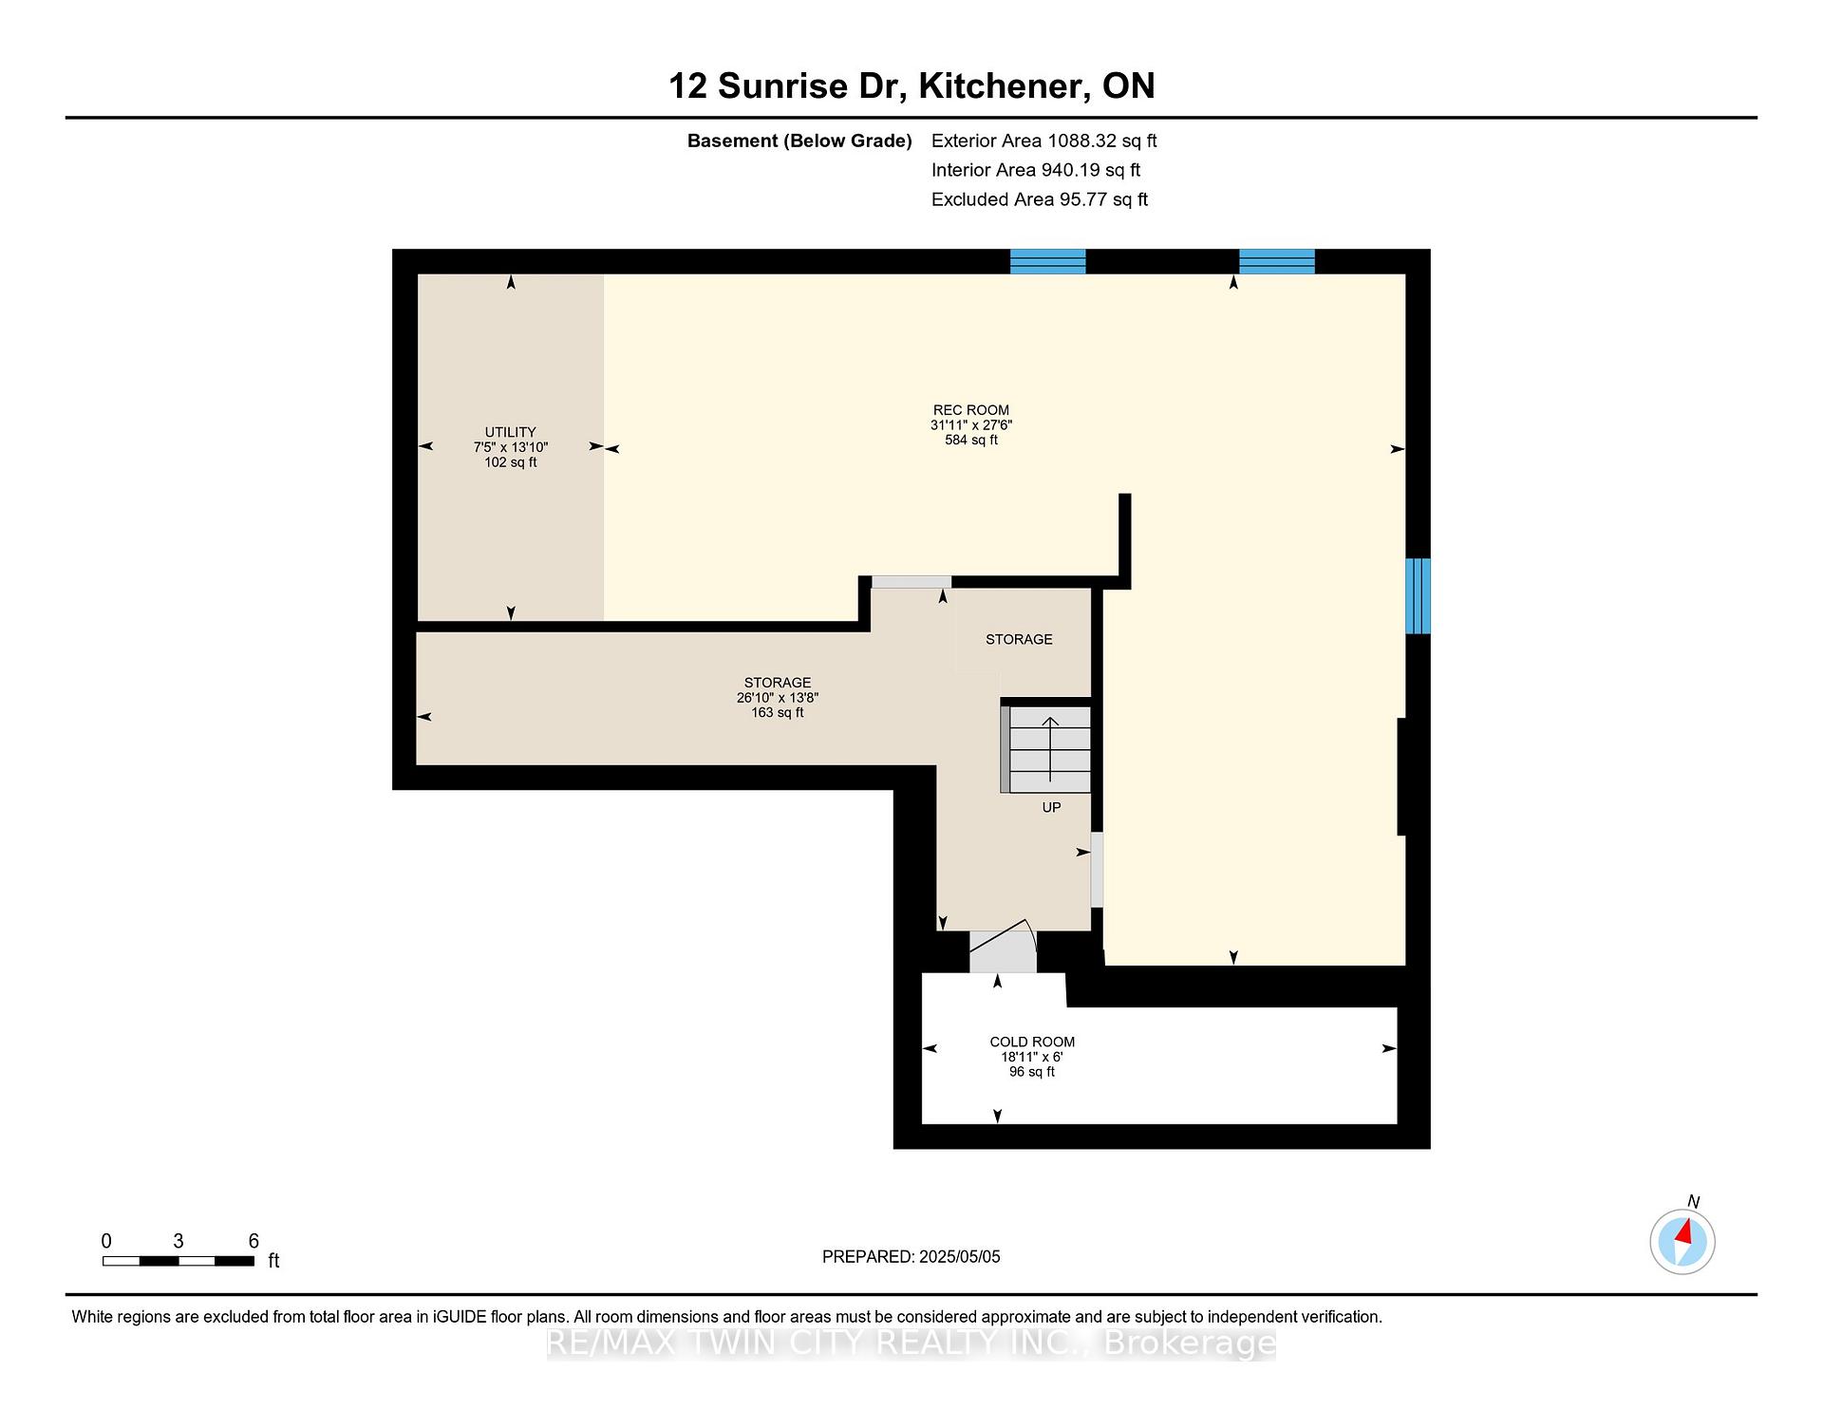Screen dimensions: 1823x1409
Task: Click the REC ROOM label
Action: click(x=971, y=410)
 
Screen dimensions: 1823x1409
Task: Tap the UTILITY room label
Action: click(x=511, y=432)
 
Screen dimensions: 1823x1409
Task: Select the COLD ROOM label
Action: click(x=1032, y=1042)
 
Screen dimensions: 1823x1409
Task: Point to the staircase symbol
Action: click(x=1048, y=749)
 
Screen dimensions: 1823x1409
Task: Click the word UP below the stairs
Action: click(x=1051, y=807)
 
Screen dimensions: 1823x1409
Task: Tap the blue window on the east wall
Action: click(x=1418, y=596)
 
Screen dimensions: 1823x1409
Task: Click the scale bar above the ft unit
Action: click(x=179, y=1261)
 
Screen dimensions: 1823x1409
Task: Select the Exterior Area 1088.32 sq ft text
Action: click(x=1043, y=141)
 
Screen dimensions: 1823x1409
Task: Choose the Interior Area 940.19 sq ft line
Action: click(x=1035, y=170)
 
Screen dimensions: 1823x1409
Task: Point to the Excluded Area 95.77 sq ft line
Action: click(x=1040, y=199)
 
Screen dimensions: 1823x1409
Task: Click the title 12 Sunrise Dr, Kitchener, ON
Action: click(x=911, y=85)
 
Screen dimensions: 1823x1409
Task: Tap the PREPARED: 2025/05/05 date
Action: click(x=911, y=1256)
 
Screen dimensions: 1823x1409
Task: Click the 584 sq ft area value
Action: click(x=971, y=441)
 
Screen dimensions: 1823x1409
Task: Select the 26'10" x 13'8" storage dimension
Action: click(x=778, y=698)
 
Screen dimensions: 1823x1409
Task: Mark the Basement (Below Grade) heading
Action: click(x=799, y=141)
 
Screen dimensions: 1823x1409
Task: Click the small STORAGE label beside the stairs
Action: click(x=1019, y=639)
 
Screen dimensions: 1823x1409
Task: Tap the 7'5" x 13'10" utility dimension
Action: click(x=511, y=447)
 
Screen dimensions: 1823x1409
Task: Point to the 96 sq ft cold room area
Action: click(x=1032, y=1072)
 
